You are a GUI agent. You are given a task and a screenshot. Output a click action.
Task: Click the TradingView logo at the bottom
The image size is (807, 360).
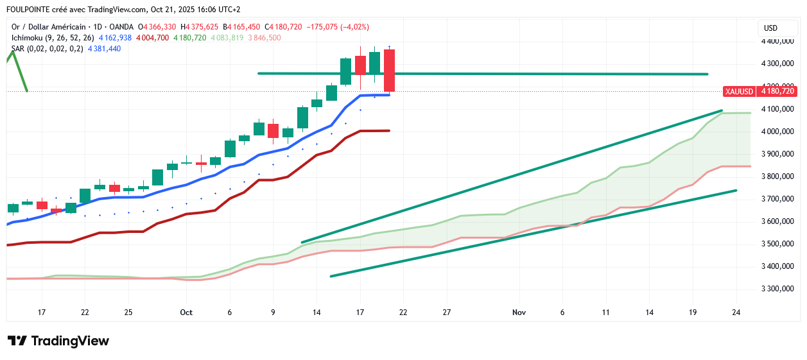tap(58, 341)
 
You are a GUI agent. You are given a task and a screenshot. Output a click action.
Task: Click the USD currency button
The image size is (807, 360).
tap(770, 28)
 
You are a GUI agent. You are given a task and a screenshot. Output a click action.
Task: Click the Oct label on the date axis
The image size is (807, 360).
tap(186, 313)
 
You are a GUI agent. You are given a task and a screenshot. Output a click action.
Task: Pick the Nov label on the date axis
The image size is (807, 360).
tap(519, 313)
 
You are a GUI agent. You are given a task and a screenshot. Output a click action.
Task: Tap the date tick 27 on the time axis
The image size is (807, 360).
tap(447, 313)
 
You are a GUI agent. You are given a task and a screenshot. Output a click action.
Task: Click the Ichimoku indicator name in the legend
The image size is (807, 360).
tap(28, 38)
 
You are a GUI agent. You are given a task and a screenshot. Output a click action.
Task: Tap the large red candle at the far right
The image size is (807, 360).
tap(389, 71)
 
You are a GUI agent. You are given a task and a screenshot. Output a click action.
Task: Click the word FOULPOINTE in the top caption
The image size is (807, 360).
tap(28, 10)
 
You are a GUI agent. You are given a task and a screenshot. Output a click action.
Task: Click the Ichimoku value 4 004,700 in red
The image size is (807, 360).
tap(152, 38)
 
